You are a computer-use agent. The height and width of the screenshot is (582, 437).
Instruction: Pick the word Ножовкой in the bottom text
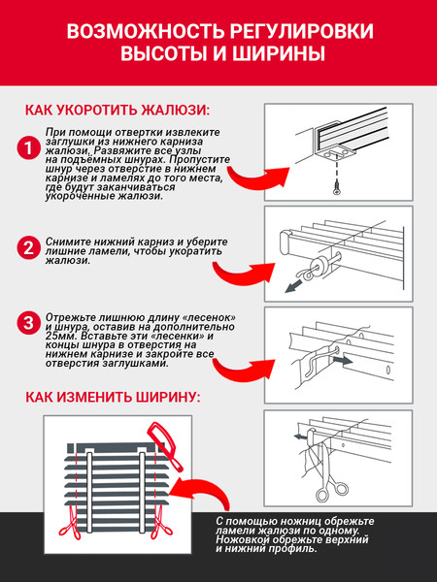point(242,539)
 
